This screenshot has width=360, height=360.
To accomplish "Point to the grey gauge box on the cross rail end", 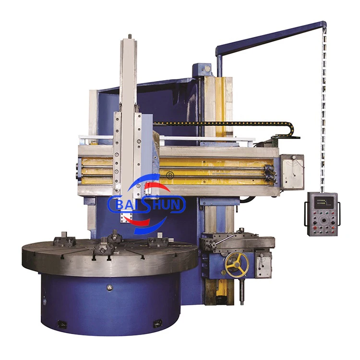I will click(x=292, y=172).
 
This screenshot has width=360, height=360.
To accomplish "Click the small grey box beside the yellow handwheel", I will click(x=264, y=264).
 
